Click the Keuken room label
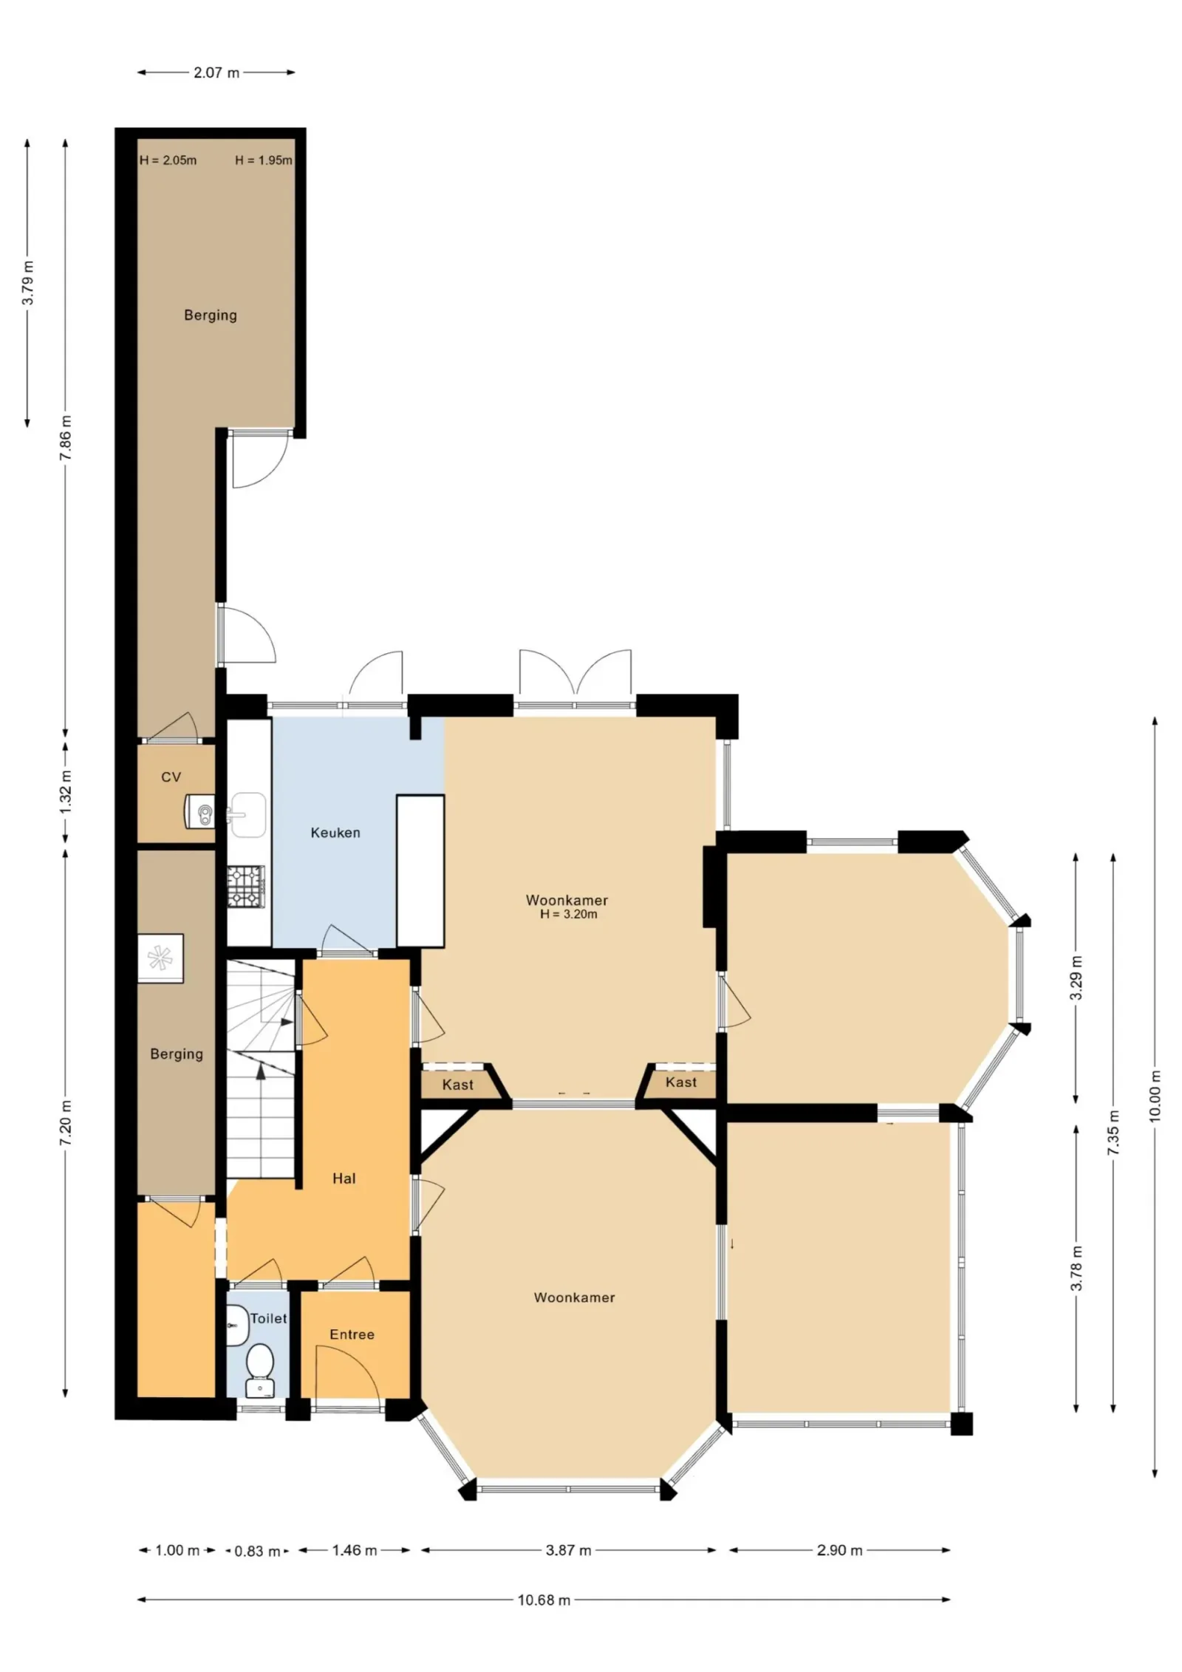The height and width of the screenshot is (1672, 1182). tap(335, 833)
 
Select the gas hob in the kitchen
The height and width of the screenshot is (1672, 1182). tap(245, 887)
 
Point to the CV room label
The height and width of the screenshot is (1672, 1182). tap(171, 777)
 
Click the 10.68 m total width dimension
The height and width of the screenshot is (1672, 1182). tap(544, 1600)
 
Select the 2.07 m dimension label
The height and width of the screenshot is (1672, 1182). tap(216, 72)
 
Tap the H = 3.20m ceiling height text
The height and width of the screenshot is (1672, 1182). tap(569, 914)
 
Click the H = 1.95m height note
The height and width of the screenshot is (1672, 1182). tap(264, 160)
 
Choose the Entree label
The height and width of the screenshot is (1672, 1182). tap(352, 1334)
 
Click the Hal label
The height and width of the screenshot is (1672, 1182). tap(344, 1178)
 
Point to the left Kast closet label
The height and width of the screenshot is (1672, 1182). tap(458, 1085)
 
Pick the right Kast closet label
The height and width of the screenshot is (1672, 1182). tap(681, 1082)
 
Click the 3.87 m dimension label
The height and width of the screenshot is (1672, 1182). tap(568, 1550)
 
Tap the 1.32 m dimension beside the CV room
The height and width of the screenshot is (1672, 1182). tap(66, 792)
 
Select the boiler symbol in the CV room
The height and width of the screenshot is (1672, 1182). tap(199, 811)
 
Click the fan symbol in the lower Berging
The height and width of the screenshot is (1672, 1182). tap(160, 958)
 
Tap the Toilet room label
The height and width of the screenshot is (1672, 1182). tap(268, 1318)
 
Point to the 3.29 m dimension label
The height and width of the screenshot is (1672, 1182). tap(1076, 977)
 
